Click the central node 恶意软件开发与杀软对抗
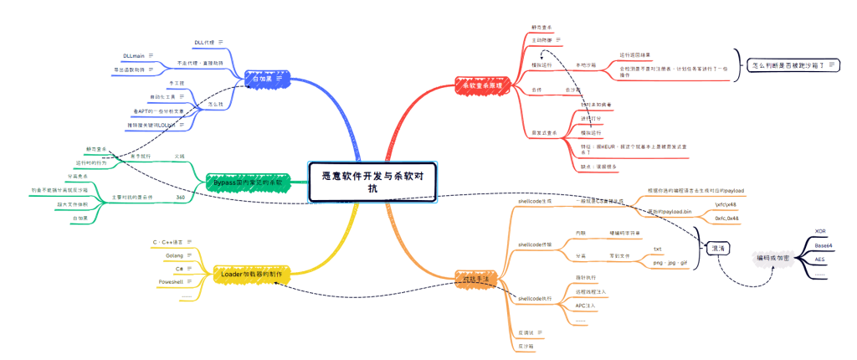(x=373, y=182)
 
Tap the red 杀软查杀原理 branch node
(x=479, y=85)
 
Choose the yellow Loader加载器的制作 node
(x=251, y=274)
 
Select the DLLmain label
(x=134, y=56)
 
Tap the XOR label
(x=821, y=232)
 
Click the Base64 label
(x=824, y=246)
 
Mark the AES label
(x=821, y=260)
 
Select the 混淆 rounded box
(x=718, y=249)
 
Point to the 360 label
(x=180, y=198)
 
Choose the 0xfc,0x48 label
(x=726, y=218)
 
